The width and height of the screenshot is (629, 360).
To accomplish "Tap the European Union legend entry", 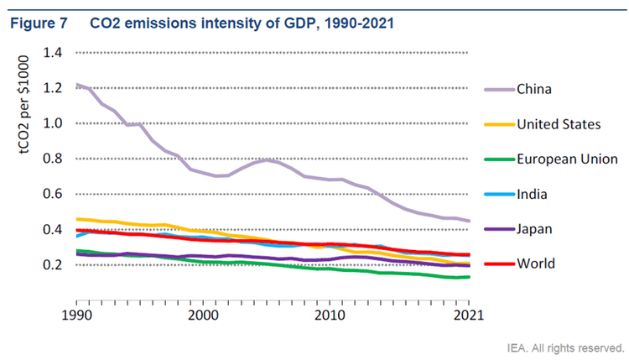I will (568, 159).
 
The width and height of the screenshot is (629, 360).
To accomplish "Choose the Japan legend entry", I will (534, 229).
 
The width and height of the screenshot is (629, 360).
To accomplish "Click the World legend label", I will (535, 264).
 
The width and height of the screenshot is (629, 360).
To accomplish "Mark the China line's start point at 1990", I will (76, 84).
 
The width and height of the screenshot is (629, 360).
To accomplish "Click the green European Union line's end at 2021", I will (468, 277).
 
